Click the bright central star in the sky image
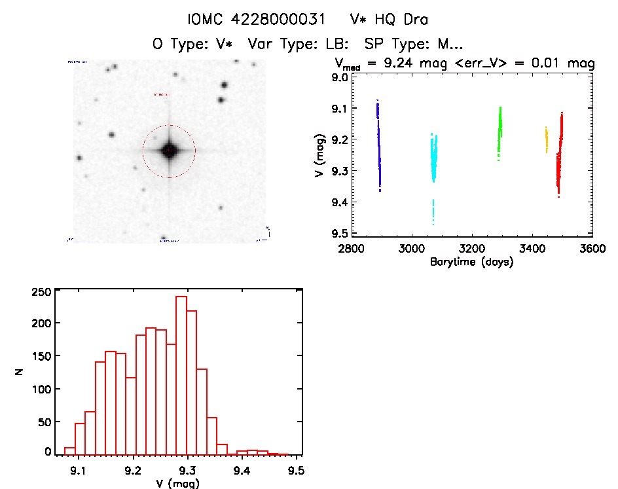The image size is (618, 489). pos(170,151)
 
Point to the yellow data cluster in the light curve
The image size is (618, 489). pos(547,139)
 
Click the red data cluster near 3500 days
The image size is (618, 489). pos(559,157)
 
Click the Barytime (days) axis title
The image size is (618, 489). pos(471,262)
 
